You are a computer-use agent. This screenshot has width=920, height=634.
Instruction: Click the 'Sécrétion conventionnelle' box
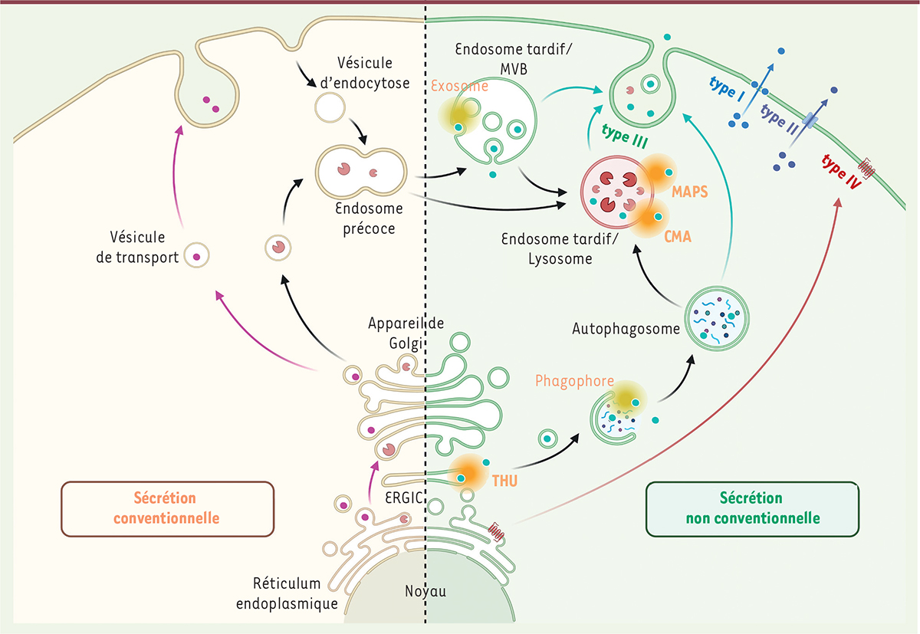pyautogui.click(x=166, y=508)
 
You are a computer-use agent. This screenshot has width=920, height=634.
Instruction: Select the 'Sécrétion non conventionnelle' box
pyautogui.click(x=752, y=508)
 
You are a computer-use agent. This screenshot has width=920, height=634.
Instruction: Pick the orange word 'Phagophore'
pyautogui.click(x=569, y=380)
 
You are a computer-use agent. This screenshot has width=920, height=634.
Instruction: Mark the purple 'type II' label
pyautogui.click(x=780, y=117)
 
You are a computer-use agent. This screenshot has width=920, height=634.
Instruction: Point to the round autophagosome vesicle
pyautogui.click(x=718, y=316)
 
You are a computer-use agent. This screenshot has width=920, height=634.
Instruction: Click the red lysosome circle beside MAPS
pyautogui.click(x=617, y=187)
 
